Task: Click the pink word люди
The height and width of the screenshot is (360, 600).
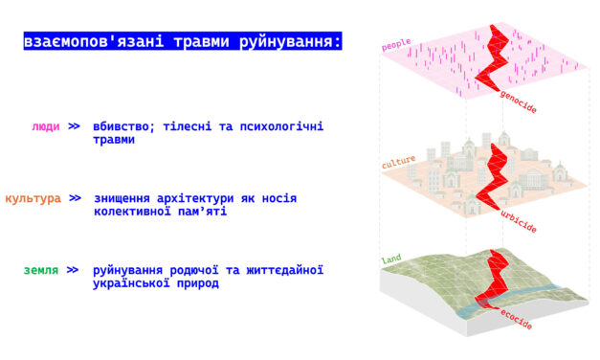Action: coord(45,126)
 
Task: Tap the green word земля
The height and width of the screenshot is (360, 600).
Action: coord(41,271)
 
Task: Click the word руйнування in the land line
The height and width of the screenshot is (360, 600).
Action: coord(133,271)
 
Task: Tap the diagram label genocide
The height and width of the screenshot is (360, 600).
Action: coord(518,102)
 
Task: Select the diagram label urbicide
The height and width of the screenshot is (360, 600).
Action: coord(518,222)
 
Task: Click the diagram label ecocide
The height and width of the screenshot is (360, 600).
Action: coord(516,320)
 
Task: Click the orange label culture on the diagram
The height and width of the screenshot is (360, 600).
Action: coord(398,163)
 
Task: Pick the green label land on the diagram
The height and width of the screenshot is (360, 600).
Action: coord(390,259)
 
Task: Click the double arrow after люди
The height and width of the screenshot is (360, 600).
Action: coord(74,126)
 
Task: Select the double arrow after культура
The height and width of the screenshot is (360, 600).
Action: coord(74,198)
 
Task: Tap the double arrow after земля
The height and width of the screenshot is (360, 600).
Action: coord(74,271)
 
